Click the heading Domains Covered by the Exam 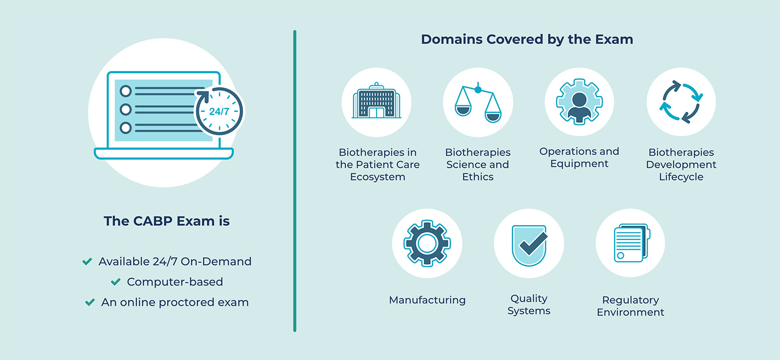click(527, 39)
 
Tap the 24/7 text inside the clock click(219, 111)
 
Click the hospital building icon click(376, 102)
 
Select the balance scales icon click(478, 102)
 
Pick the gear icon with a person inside click(579, 102)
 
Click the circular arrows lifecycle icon click(681, 102)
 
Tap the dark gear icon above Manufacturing click(427, 243)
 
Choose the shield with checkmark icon click(529, 243)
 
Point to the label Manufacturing click(427, 300)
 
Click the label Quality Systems click(529, 305)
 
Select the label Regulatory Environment click(631, 306)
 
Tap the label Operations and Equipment click(579, 158)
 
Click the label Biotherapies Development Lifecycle click(681, 164)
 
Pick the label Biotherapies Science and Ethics click(478, 164)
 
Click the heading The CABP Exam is click(166, 221)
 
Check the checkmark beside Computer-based click(115, 282)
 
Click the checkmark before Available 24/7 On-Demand click(87, 261)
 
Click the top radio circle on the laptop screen click(125, 92)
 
